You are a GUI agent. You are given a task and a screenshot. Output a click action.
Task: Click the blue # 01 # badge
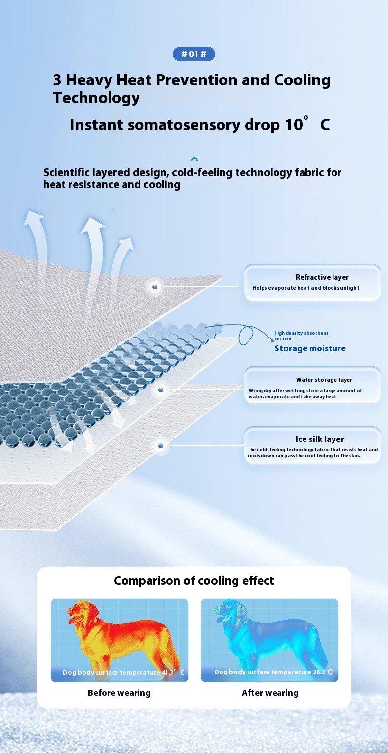(x=194, y=54)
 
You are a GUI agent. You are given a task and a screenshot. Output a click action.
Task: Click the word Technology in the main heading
(x=96, y=98)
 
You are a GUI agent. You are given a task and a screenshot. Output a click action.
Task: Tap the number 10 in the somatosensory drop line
(x=294, y=125)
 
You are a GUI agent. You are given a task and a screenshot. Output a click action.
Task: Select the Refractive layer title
(x=322, y=277)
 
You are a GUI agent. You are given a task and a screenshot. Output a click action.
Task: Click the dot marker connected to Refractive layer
(x=155, y=287)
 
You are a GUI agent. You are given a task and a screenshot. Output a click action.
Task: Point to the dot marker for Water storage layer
(x=161, y=390)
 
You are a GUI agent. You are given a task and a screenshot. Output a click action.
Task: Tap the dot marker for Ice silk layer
(x=161, y=446)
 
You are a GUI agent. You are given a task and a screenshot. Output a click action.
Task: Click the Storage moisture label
(x=310, y=349)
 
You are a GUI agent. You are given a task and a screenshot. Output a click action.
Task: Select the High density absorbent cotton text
(x=301, y=336)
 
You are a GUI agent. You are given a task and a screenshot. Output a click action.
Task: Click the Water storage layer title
(x=324, y=380)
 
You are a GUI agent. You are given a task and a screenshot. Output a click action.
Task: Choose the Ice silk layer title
(x=320, y=439)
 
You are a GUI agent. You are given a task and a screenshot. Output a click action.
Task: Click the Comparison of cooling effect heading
(x=194, y=581)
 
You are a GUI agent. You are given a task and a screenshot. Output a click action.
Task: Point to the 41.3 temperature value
(x=168, y=672)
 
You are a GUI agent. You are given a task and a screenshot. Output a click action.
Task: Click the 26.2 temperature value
(x=319, y=672)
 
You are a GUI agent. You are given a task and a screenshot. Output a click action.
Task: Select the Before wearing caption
(x=119, y=693)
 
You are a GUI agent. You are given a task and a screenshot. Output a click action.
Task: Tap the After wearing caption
(x=270, y=693)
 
